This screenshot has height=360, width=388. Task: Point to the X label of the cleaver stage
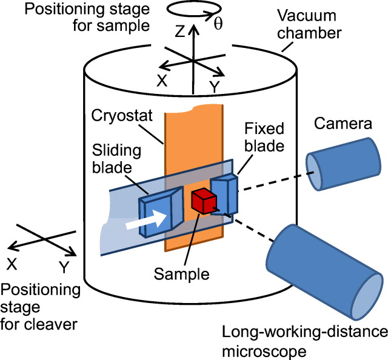click(12, 264)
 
